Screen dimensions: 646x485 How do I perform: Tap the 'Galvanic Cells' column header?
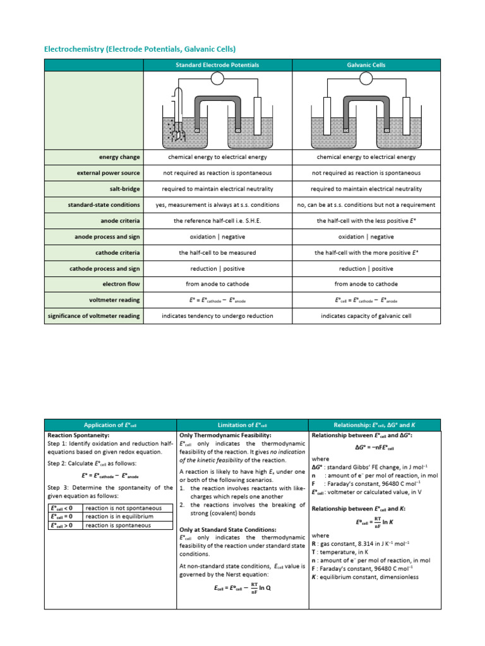click(x=366, y=65)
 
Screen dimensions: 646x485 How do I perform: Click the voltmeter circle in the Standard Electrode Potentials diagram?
click(x=217, y=78)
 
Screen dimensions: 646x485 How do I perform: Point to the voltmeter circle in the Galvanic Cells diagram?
click(x=366, y=78)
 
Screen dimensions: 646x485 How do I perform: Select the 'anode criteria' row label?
click(x=120, y=221)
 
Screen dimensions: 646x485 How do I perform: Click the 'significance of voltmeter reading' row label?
click(x=95, y=315)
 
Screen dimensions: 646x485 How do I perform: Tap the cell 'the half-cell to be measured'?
click(x=217, y=252)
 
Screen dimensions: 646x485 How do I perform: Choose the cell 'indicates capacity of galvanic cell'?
click(x=366, y=315)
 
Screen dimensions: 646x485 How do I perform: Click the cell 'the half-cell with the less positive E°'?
click(x=366, y=221)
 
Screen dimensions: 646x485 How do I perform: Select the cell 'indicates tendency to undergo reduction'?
click(x=217, y=315)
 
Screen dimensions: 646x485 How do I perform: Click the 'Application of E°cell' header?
click(x=111, y=425)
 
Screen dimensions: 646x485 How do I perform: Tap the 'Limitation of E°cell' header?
click(x=242, y=425)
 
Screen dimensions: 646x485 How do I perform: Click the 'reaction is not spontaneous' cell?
click(x=123, y=508)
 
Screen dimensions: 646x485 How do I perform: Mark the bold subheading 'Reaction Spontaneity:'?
click(x=79, y=435)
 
